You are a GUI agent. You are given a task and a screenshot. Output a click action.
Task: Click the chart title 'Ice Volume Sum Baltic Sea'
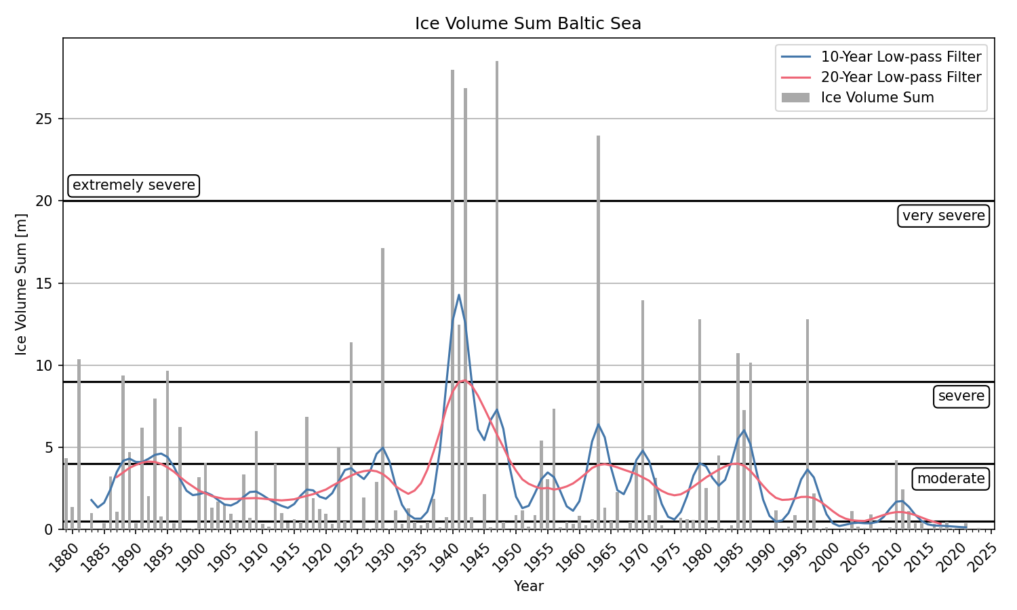click(x=528, y=24)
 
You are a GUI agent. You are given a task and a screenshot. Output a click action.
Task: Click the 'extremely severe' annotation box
click(x=134, y=185)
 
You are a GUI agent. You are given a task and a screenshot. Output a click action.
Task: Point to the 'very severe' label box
click(x=943, y=216)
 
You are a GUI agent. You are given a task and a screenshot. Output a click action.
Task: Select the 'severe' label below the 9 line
click(x=961, y=396)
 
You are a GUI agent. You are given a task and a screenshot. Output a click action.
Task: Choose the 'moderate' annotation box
click(x=951, y=479)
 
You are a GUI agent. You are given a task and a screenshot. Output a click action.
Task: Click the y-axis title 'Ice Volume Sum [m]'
click(x=22, y=284)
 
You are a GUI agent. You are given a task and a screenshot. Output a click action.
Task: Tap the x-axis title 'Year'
click(x=528, y=586)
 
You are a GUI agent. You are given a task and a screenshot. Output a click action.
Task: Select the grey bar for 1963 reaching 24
click(x=599, y=332)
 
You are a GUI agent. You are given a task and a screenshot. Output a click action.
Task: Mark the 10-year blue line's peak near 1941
click(x=459, y=295)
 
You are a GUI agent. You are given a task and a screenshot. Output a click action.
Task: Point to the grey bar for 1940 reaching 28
click(x=453, y=298)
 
